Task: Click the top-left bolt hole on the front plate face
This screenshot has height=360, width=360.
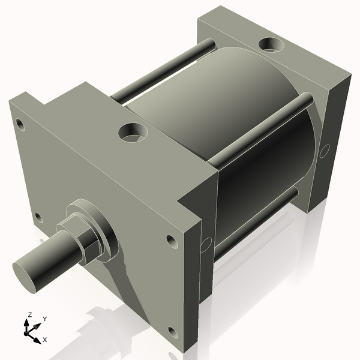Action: (x=20, y=125)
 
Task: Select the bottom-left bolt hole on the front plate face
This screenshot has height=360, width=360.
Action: (x=38, y=217)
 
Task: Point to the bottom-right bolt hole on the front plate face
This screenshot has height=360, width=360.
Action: (x=173, y=332)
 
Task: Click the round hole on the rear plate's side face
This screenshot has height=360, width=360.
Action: (x=326, y=150)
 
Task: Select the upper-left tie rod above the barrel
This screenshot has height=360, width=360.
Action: (x=162, y=69)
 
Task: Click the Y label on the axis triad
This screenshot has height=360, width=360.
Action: (x=44, y=319)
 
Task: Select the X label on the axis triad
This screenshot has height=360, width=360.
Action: (x=45, y=340)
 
